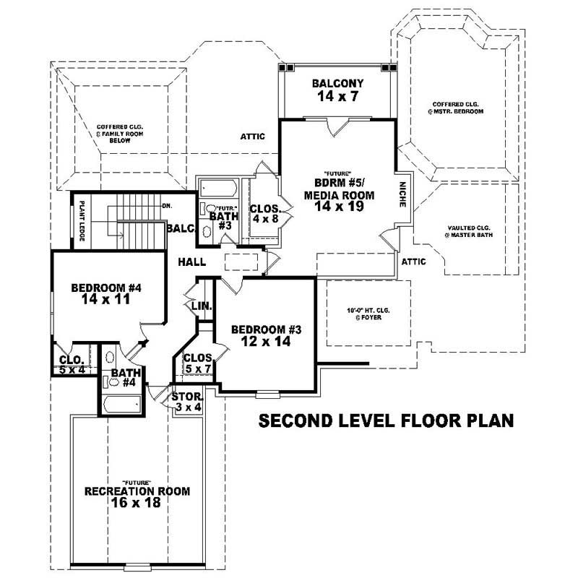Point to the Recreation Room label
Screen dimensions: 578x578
coord(137,498)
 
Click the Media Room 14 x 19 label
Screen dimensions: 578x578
coord(338,195)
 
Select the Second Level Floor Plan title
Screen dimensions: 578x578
coord(386,420)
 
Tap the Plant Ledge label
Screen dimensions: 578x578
coord(82,220)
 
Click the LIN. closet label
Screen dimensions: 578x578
coord(202,306)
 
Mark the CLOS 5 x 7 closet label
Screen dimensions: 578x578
coord(197,363)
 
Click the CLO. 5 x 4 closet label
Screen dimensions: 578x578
coord(72,365)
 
